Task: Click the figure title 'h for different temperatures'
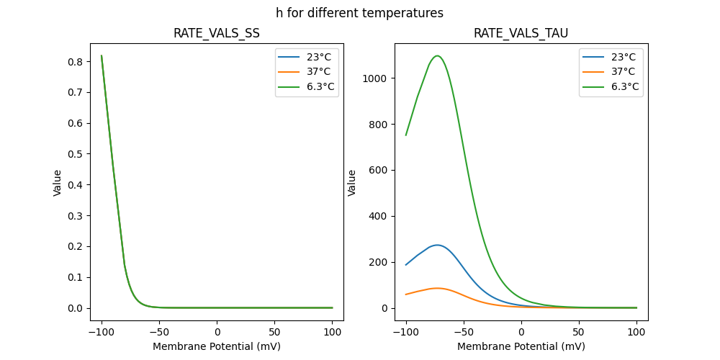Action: [359, 13]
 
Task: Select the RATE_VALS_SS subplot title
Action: [216, 33]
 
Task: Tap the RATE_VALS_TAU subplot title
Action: [521, 33]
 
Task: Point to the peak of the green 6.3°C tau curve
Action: [437, 55]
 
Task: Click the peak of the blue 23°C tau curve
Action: [436, 245]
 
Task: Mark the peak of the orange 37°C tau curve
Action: [436, 288]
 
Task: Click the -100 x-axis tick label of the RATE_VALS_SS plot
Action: [102, 332]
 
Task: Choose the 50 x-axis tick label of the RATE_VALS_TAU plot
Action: [579, 332]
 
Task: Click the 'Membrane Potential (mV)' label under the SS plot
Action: [216, 346]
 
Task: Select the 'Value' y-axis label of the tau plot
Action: [352, 182]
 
